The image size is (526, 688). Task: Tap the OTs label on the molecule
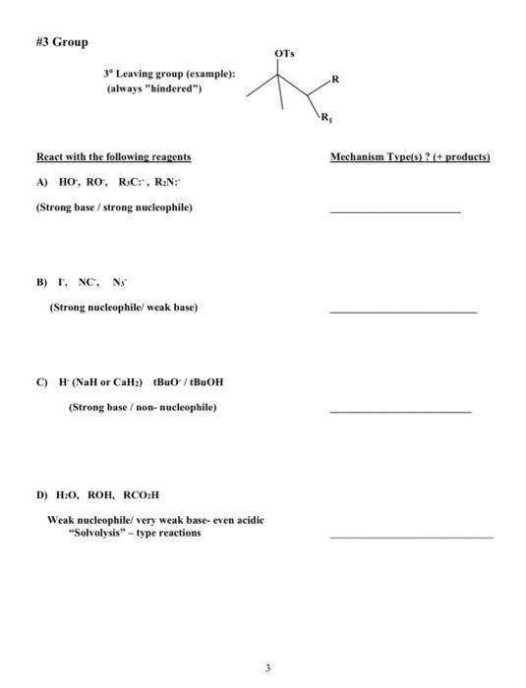282,50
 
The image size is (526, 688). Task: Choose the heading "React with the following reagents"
113,157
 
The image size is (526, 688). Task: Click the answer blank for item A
394,211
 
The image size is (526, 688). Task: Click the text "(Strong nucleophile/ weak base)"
124,307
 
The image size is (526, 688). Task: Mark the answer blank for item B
403,312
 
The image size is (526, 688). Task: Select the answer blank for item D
411,537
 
